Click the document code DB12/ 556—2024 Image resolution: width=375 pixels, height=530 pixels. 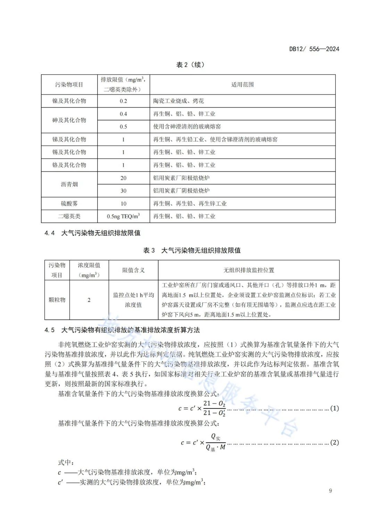coord(314,49)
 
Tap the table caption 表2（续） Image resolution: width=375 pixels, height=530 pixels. coord(190,65)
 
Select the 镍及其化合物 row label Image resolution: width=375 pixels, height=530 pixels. coord(69,101)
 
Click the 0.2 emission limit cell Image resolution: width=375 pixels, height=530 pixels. coord(123,101)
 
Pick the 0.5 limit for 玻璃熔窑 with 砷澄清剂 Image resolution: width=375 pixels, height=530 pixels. coord(123,127)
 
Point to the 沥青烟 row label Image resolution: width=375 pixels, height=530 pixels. coord(69,184)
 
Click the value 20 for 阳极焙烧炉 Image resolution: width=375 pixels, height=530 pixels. coord(123,178)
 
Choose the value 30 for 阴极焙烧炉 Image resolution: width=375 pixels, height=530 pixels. coord(123,191)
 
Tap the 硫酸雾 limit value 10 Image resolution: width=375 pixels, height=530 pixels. coord(123,204)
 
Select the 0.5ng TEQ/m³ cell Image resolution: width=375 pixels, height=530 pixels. coord(123,216)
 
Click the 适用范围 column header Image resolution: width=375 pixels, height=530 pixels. coord(242,84)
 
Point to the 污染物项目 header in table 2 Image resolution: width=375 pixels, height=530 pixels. coord(69,84)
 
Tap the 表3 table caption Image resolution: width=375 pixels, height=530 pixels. coord(192,250)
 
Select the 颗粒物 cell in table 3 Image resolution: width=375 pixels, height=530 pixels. coord(57,300)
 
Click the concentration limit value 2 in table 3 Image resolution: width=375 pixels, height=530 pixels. coord(89,300)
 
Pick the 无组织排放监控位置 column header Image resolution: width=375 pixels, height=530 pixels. coord(249,270)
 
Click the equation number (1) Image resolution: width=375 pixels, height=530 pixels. coord(334,408)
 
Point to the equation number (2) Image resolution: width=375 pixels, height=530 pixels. coord(334,443)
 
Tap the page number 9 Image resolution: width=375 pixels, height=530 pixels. coord(330,490)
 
